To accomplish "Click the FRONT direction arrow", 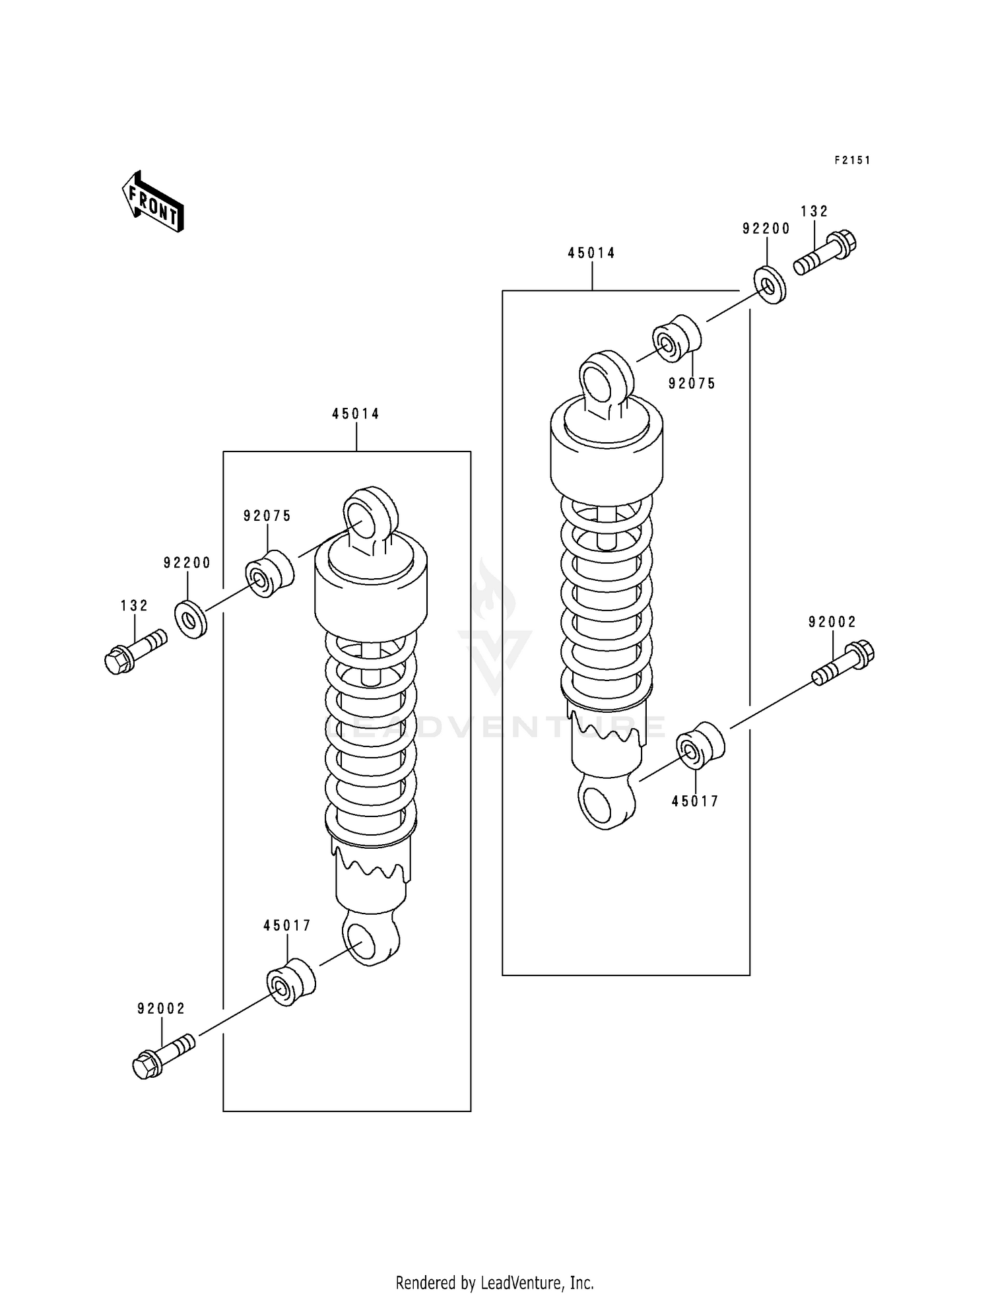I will pos(152,201).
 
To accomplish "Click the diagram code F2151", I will pos(851,160).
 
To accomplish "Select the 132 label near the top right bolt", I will pos(814,211).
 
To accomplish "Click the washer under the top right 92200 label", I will pos(770,284).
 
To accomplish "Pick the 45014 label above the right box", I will pos(591,253).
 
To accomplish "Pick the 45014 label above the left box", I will pos(356,414).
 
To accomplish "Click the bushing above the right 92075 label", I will pos(676,339).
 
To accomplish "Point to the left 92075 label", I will pos(267,516).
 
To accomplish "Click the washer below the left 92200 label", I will pos(190,619).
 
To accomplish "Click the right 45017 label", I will pos(695,801).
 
